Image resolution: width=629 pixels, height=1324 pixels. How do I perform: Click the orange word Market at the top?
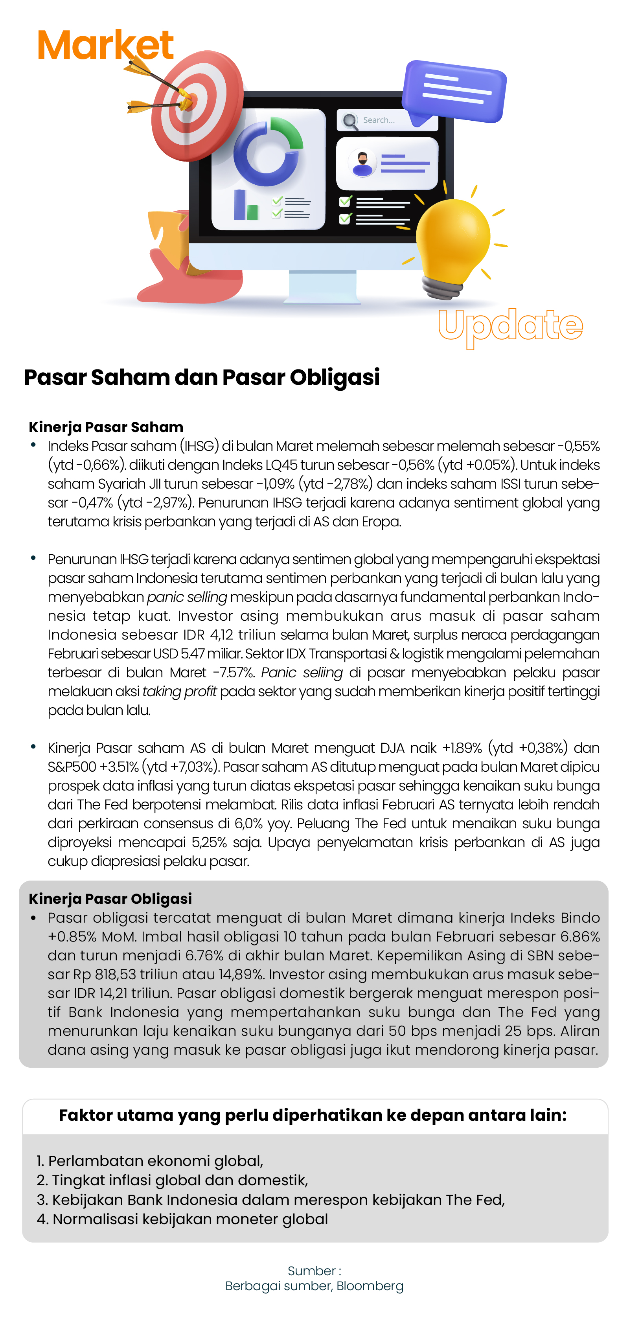pos(105,45)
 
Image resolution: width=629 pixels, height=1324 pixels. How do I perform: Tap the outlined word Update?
pos(510,325)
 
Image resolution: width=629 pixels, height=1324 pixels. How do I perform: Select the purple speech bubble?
pos(454,92)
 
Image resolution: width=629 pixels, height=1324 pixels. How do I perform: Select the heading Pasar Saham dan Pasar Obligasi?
pos(201,377)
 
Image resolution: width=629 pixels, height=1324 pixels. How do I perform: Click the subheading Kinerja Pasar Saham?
pos(106,427)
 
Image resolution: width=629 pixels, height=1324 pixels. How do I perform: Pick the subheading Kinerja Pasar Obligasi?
pos(110,898)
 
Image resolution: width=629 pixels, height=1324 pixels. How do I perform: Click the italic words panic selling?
pos(187,597)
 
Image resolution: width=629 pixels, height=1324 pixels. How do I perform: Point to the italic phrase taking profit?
pos(179,692)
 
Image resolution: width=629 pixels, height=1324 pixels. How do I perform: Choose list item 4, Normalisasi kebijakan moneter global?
pos(182,1219)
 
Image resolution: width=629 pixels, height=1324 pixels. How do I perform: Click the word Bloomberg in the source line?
pos(370,1286)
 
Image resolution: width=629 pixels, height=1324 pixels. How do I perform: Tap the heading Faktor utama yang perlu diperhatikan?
pos(313,1115)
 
